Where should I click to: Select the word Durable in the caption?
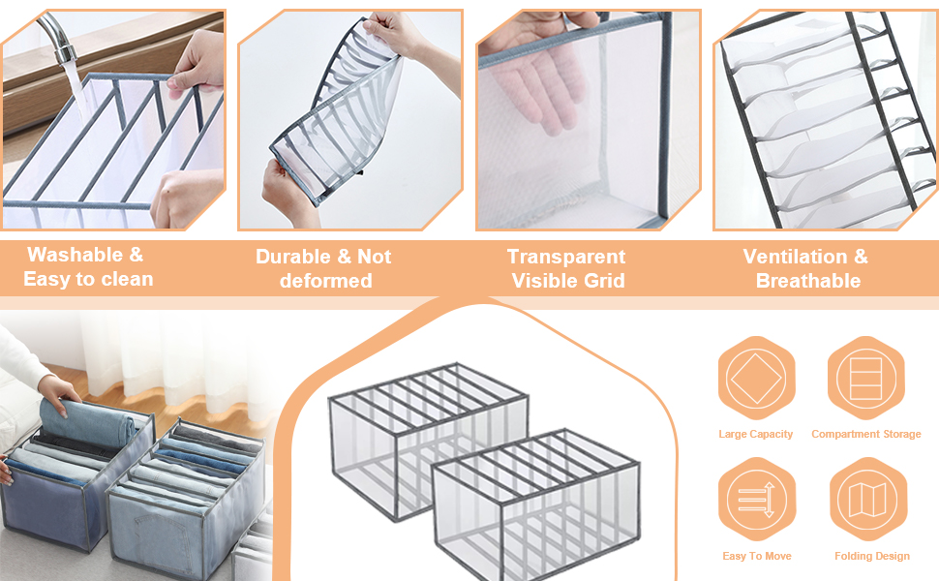coord(289,257)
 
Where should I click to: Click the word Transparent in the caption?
coord(566,257)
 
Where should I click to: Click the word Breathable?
coord(807,281)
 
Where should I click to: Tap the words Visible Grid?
coord(568,281)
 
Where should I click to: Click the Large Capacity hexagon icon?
coord(756,379)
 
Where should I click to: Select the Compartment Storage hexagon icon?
coord(865,379)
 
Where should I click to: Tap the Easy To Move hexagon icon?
coord(756,500)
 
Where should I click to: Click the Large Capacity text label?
coord(755,434)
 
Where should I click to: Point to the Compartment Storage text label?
coord(865,434)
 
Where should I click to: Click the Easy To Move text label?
coord(756,556)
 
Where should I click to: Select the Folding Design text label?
coord(871,556)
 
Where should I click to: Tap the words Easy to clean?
coord(88,280)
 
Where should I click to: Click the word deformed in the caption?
coord(325,281)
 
